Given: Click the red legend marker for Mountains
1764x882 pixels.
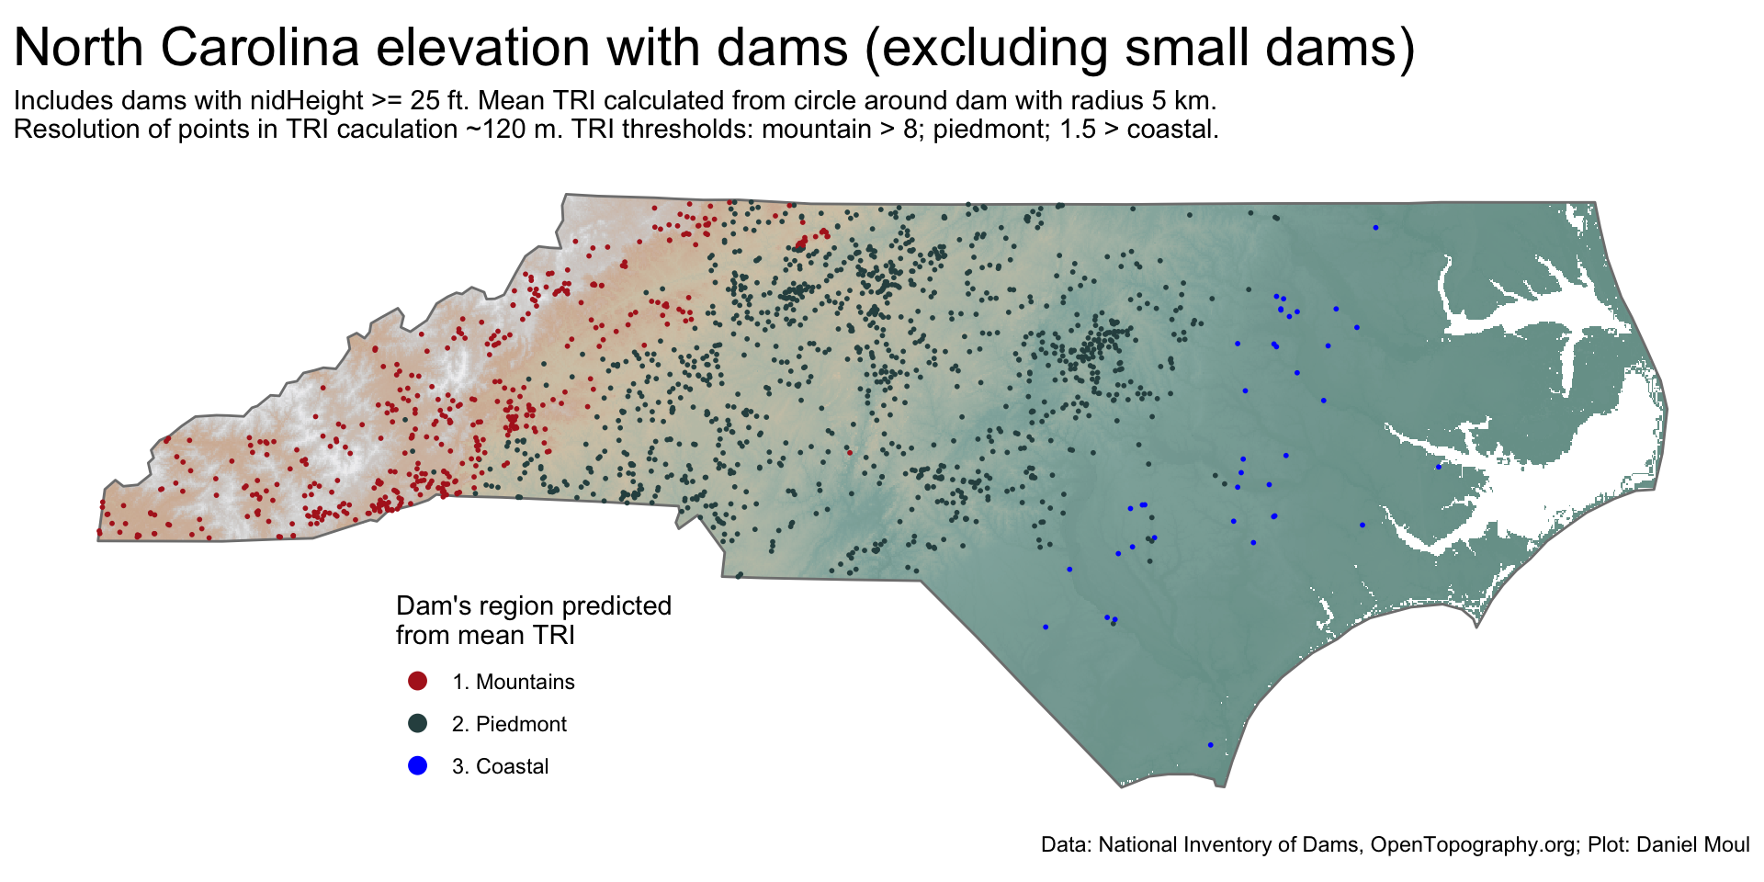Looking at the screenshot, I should tap(417, 681).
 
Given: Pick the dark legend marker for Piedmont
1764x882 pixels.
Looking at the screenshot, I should tap(417, 723).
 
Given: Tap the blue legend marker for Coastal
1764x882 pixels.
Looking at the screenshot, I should tap(417, 765).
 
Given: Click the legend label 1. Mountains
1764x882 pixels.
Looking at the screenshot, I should tap(513, 682).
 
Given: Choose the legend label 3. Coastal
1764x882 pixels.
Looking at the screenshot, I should tap(500, 766).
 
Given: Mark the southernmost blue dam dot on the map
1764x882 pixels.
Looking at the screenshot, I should tap(1210, 744).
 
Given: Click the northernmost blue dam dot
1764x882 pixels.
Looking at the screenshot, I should tap(1375, 227).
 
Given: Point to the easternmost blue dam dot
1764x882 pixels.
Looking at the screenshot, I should tap(1439, 467).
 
